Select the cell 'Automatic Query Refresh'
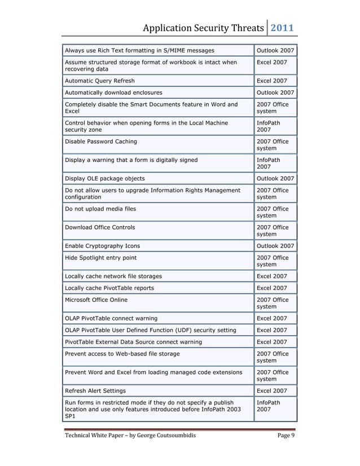click(100, 81)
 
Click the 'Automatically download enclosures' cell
click(114, 93)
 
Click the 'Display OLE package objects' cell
click(105, 178)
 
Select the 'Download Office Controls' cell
click(100, 227)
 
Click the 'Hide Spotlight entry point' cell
click(101, 258)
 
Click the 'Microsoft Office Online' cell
click(96, 300)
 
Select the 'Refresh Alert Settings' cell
click(96, 390)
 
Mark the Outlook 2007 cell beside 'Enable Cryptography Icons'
click(275, 246)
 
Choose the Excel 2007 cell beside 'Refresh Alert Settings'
click(272, 390)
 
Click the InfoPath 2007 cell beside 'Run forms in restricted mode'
click(269, 406)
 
